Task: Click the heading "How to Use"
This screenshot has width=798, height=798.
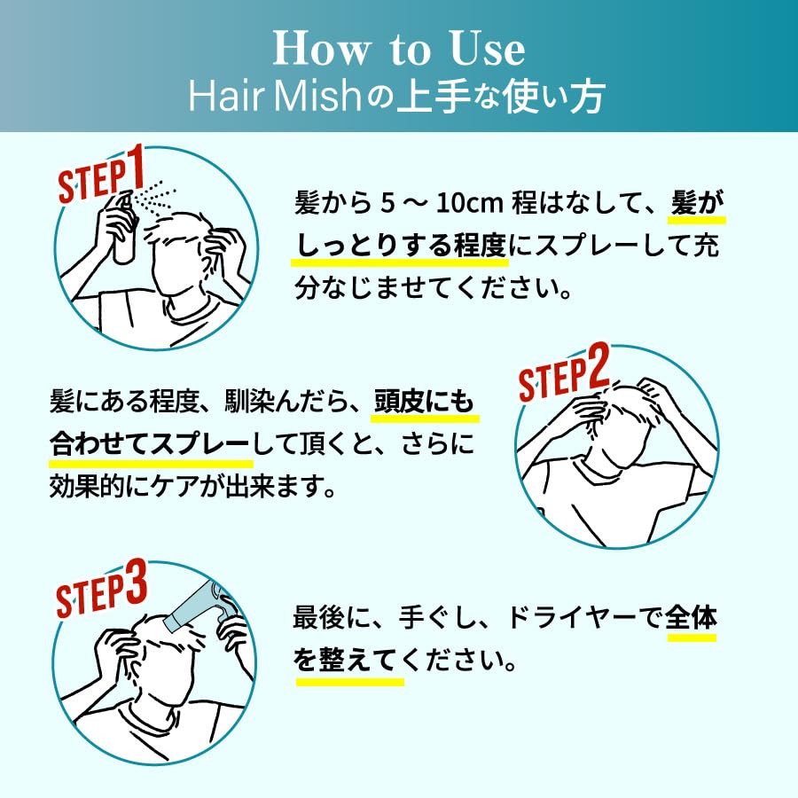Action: pos(399,49)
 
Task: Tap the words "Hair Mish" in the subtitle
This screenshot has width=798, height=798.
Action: pos(275,96)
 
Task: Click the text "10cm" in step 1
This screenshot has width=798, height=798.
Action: pos(470,202)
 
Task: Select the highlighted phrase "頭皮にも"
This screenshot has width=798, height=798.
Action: pos(424,402)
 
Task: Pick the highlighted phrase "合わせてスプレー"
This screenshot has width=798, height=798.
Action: pos(150,444)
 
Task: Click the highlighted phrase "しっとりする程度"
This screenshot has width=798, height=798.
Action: pos(401,246)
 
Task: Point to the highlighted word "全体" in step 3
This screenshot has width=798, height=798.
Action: pos(691,617)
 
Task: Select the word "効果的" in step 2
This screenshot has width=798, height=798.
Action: pos(87,487)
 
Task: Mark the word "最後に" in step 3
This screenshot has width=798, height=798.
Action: pos(331,618)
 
